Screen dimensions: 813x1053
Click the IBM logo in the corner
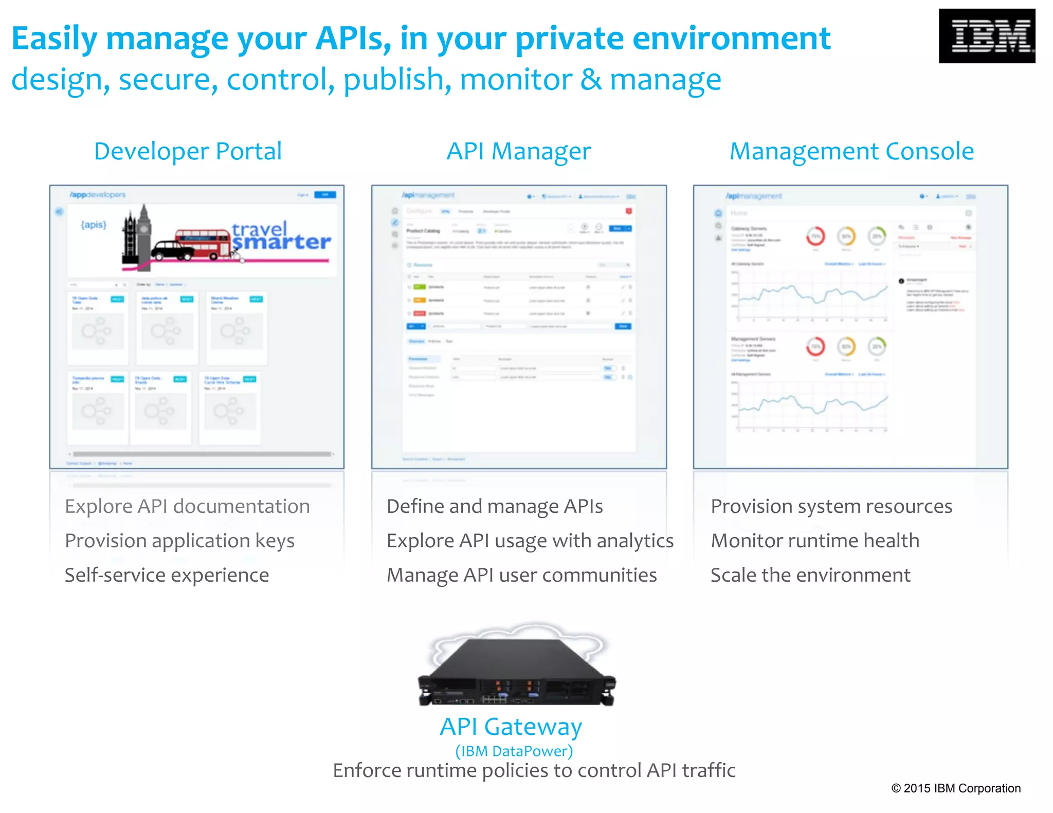coord(986,36)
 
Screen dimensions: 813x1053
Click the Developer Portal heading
coord(188,152)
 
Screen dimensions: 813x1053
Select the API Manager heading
coord(518,152)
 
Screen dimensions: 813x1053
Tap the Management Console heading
coord(851,152)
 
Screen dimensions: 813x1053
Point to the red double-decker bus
coord(203,243)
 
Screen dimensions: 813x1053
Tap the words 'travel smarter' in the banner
coord(280,236)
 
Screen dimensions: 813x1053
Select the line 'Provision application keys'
coord(179,541)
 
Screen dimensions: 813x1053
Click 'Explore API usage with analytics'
coord(530,541)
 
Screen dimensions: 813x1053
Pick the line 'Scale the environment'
coord(810,575)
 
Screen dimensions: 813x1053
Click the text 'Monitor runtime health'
coord(814,541)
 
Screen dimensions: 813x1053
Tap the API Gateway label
coord(511,727)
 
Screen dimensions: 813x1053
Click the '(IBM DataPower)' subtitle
coord(514,751)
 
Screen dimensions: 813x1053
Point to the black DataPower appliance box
coord(517,671)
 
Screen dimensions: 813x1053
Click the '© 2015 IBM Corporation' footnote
coord(955,788)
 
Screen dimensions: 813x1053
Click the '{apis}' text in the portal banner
coord(94,225)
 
